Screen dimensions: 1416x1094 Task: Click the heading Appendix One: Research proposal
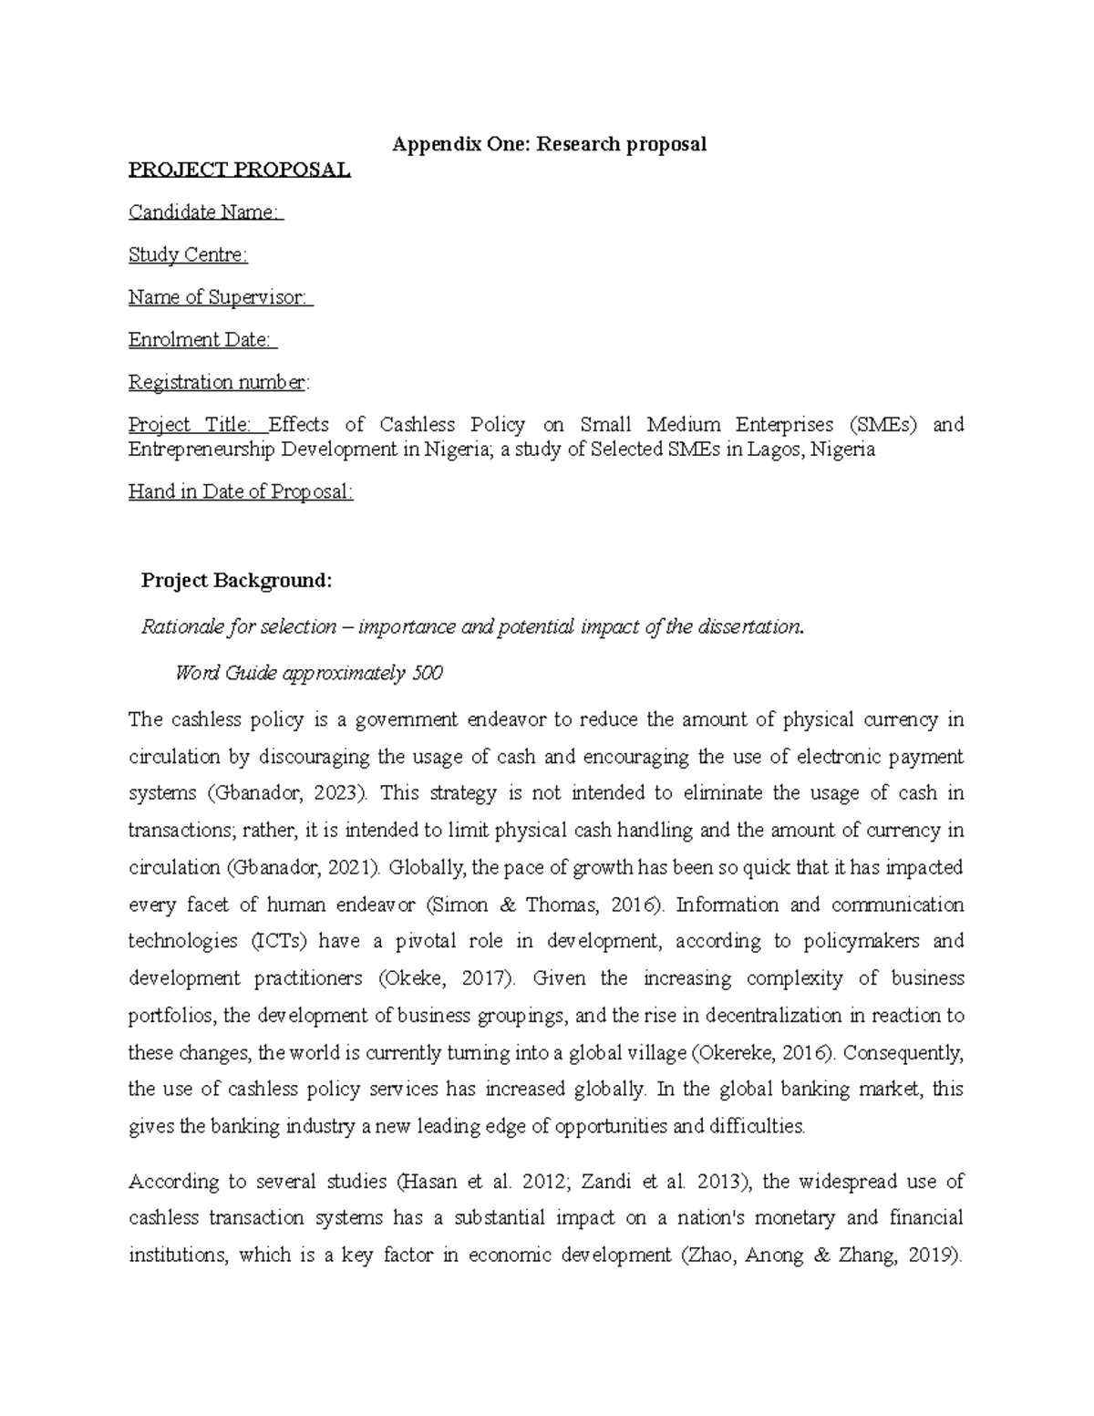pos(549,144)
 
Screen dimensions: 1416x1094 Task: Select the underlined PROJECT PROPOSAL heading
pos(239,170)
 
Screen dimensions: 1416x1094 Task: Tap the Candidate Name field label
pos(205,212)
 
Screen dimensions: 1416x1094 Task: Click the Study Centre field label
pos(188,255)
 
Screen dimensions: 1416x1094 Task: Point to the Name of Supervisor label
pos(220,297)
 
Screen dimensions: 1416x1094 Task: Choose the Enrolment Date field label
pos(201,340)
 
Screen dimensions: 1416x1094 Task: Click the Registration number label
pos(218,382)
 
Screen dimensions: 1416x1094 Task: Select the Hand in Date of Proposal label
pos(241,492)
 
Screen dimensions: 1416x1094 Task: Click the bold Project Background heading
pos(237,581)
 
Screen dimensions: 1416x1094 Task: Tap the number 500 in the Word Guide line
pos(427,674)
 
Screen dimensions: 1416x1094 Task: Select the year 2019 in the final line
pos(933,1256)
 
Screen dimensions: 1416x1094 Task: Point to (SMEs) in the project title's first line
pos(883,425)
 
